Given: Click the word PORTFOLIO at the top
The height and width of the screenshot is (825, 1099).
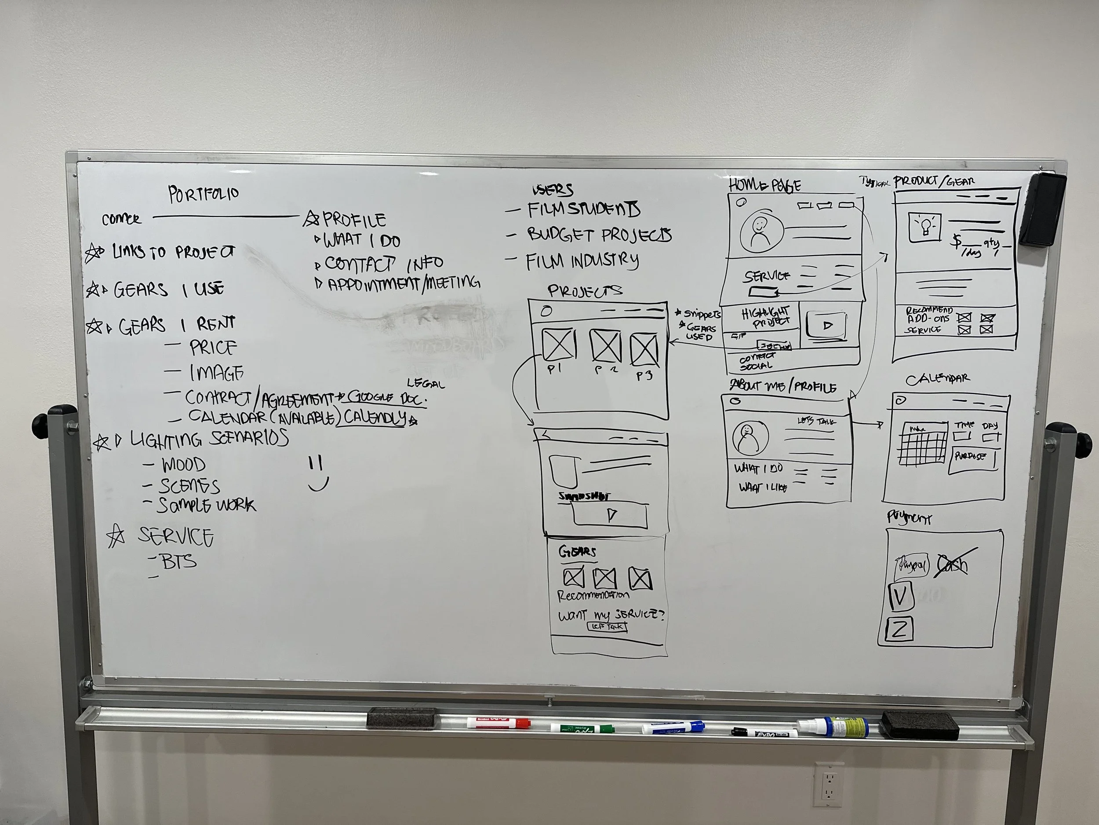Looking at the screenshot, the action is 204,194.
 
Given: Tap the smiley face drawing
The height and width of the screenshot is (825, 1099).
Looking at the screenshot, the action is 317,473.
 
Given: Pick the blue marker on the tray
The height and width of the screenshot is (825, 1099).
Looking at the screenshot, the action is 673,727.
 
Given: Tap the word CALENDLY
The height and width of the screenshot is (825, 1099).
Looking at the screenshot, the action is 375,417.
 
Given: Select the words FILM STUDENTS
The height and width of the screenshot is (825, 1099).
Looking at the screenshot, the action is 583,210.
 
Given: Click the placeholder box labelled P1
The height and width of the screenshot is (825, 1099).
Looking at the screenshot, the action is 558,345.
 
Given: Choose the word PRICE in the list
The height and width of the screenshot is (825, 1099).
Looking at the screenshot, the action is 213,347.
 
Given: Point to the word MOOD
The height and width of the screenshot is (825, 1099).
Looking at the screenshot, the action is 183,465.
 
